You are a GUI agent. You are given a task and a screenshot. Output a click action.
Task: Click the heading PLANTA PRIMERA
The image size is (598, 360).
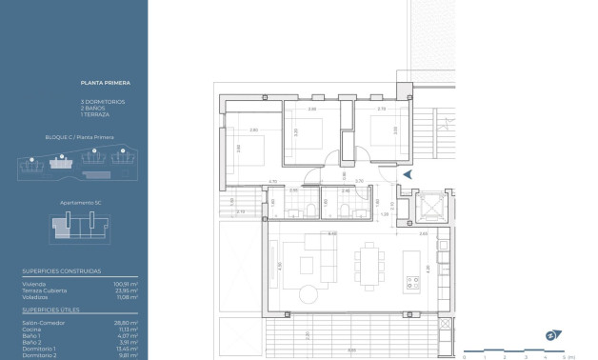pos(98,86)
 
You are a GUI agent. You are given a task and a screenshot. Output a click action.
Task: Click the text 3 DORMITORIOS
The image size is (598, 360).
pos(102,101)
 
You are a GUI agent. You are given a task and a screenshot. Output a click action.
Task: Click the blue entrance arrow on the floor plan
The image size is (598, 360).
pos(408,174)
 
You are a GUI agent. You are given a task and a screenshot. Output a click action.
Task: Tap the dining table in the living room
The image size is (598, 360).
pos(368,263)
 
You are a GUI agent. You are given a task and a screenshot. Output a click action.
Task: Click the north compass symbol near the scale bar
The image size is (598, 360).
pos(549,334)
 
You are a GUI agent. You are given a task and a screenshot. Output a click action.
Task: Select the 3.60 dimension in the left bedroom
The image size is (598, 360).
pos(239,147)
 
